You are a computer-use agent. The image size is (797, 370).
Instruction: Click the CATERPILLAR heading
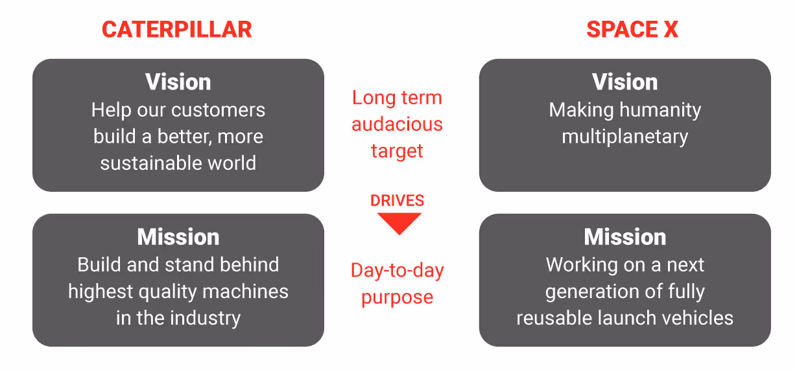(177, 29)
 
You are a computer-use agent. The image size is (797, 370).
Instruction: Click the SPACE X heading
(632, 29)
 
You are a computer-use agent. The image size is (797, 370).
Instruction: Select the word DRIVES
(398, 201)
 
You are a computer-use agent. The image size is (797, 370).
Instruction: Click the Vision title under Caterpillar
(178, 82)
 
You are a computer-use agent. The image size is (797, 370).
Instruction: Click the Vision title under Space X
(625, 82)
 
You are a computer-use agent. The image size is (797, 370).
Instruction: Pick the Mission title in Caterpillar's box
(178, 237)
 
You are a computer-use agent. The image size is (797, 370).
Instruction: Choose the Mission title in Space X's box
(625, 237)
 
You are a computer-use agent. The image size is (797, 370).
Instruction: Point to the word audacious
(397, 124)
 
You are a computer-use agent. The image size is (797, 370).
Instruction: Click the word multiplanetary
(625, 137)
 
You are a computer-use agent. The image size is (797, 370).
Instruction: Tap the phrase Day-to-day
(397, 270)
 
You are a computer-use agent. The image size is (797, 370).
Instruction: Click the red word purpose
(397, 297)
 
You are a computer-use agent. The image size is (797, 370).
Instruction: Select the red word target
(397, 151)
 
